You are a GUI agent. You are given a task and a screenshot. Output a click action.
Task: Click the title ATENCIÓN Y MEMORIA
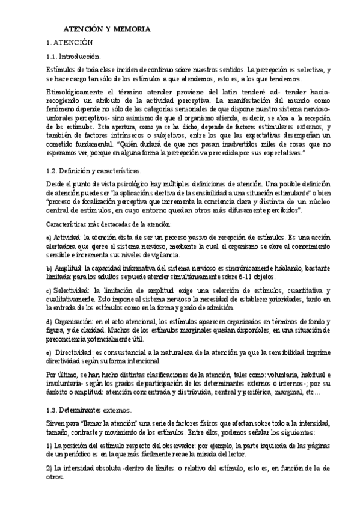pyautogui.click(x=108, y=29)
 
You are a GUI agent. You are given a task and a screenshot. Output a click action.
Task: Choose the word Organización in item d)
pyautogui.click(x=75, y=322)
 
